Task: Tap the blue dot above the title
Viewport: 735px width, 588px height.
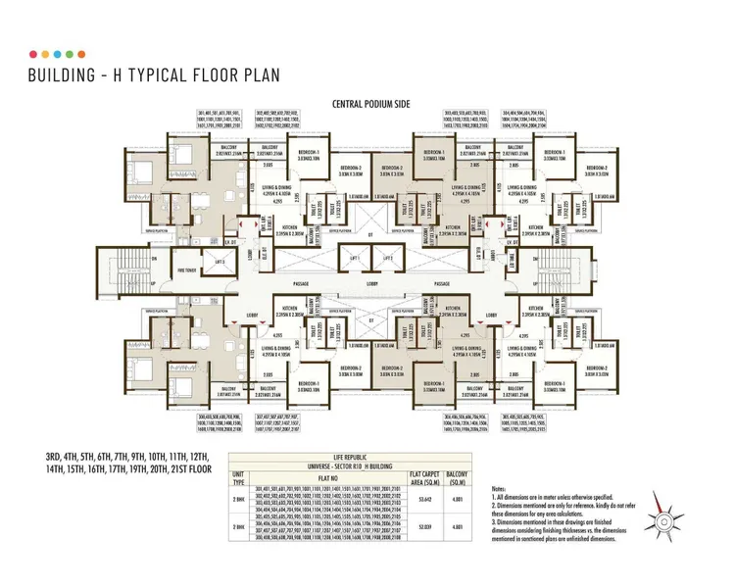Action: [x=58, y=54]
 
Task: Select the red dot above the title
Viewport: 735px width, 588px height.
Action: [x=34, y=54]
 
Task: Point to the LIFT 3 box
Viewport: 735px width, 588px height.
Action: [x=219, y=262]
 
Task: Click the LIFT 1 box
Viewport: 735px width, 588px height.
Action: [x=348, y=258]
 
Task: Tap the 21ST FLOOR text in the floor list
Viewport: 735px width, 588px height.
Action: [x=185, y=469]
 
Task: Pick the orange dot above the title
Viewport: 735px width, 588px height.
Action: [x=81, y=54]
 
